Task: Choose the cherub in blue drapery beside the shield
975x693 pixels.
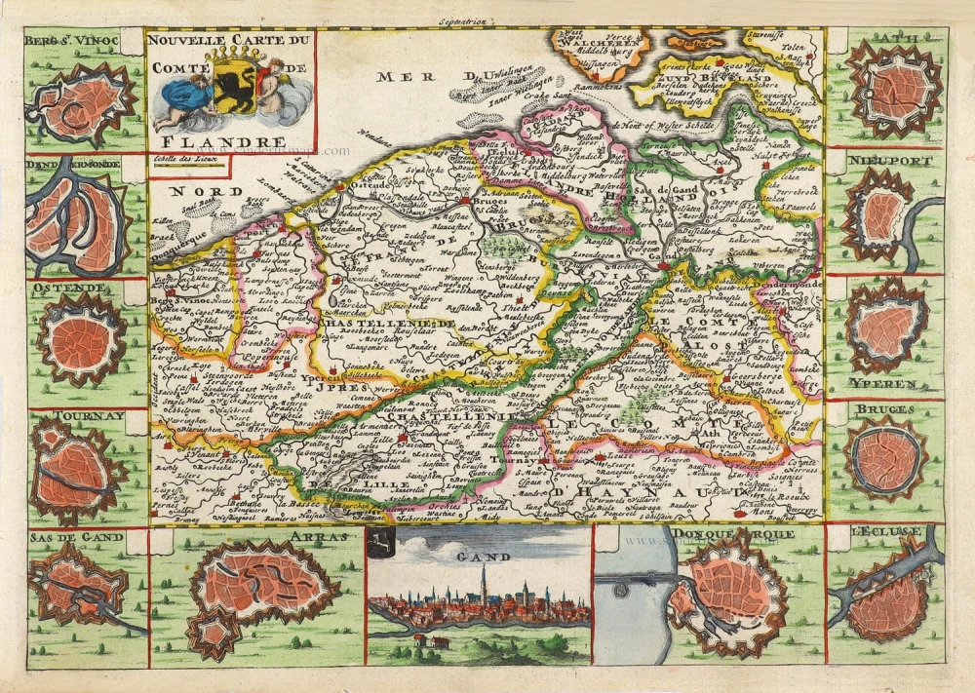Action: (x=183, y=96)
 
